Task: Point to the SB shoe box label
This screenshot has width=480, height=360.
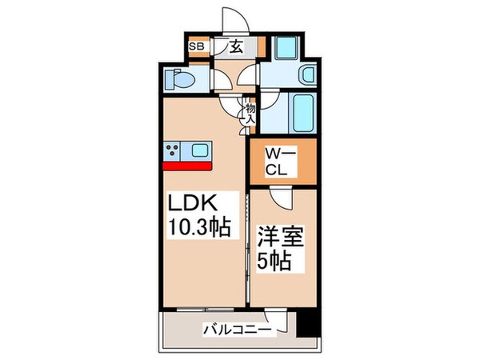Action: coord(196,46)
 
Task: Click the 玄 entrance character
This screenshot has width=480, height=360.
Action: coord(237,46)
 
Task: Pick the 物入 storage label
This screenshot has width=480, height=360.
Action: coord(250,112)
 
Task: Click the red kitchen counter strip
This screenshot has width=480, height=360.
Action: coord(186,166)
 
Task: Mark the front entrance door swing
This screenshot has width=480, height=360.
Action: coord(237,18)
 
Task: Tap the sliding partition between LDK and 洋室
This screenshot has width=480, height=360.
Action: coord(246,248)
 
